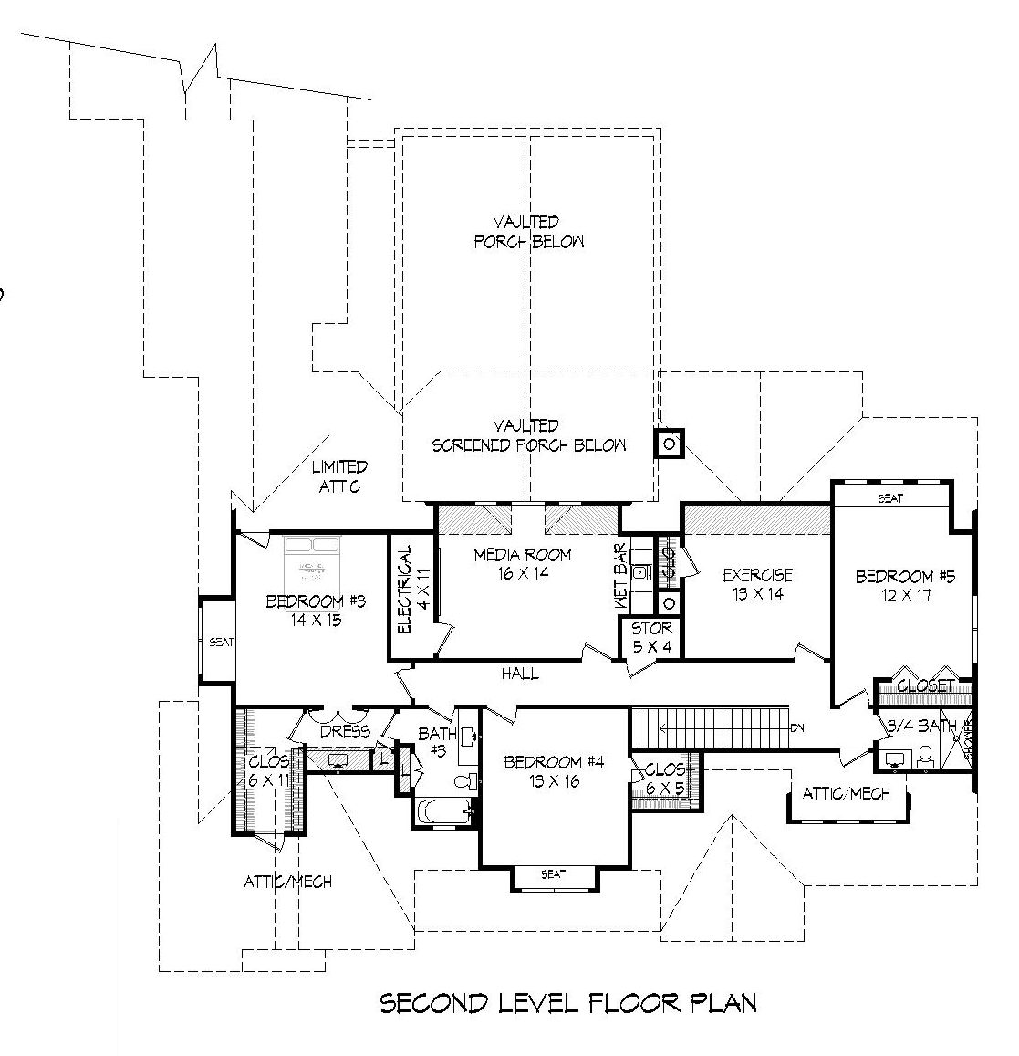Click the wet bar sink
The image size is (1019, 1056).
641,573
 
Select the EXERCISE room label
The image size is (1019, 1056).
757,584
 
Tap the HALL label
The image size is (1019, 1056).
520,674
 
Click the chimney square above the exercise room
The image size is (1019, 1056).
670,444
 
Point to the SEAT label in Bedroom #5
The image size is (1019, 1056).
890,498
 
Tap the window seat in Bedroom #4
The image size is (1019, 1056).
554,874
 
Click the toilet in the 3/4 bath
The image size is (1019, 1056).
924,756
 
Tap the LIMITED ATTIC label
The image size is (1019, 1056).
339,476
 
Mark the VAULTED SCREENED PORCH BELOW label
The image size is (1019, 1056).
528,436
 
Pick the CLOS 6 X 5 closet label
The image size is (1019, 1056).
664,778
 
